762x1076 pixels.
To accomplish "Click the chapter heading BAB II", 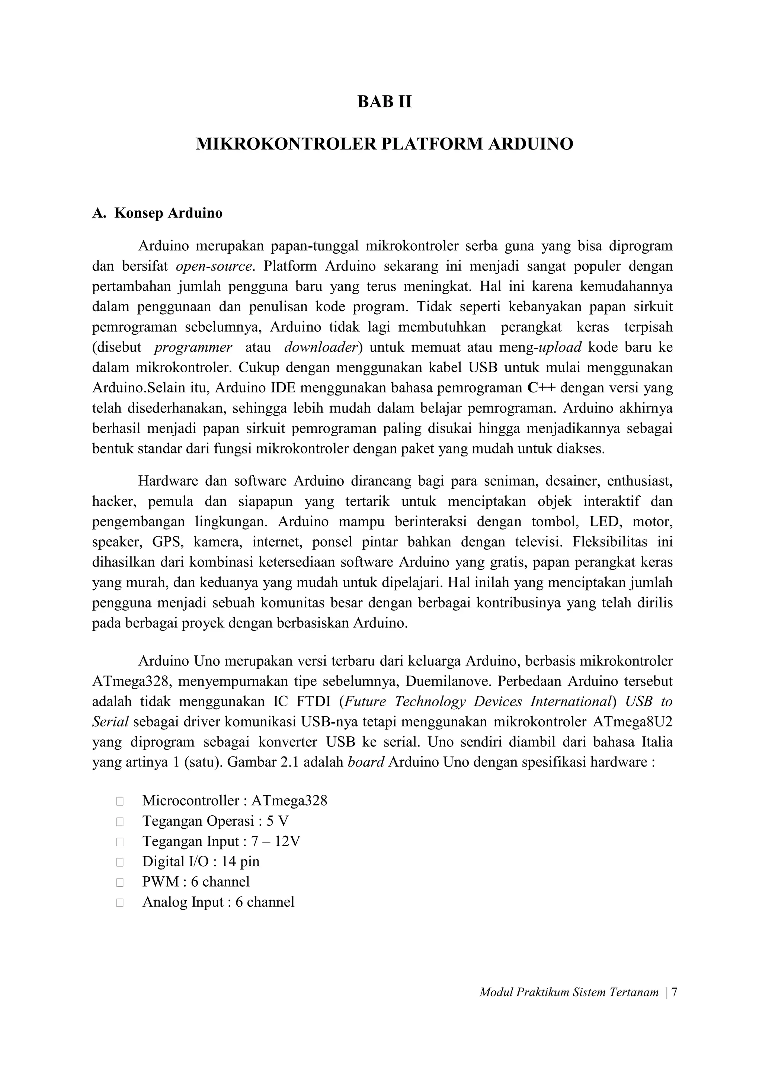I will click(384, 102).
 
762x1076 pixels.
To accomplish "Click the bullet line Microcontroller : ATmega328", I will click(235, 801).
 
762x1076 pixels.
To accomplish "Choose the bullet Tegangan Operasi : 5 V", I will click(215, 821).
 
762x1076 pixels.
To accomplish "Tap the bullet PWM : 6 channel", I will click(196, 881).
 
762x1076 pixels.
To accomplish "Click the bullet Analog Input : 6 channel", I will click(218, 902).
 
